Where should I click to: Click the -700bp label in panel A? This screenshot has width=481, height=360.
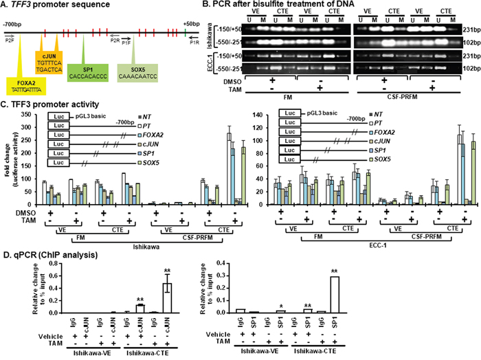pyautogui.click(x=11, y=23)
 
